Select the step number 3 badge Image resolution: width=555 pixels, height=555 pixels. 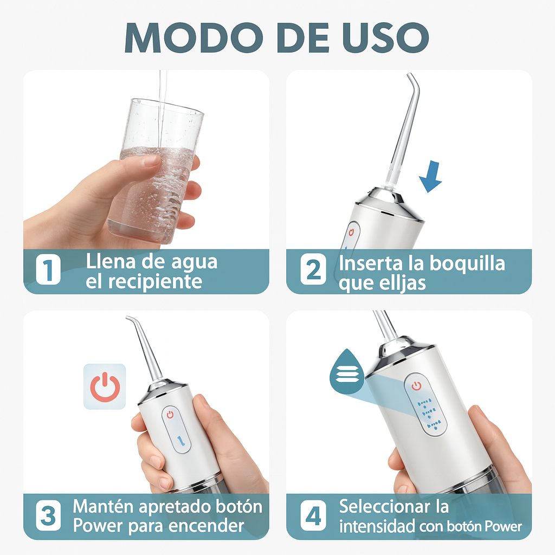click(48, 517)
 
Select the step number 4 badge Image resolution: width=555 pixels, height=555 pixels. click(313, 517)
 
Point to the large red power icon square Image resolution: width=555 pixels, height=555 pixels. click(105, 386)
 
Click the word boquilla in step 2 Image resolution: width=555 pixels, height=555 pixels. click(467, 264)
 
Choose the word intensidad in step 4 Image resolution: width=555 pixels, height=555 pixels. click(378, 526)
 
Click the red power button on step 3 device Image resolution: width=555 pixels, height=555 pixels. click(170, 415)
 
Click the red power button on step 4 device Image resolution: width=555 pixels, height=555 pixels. click(416, 385)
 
